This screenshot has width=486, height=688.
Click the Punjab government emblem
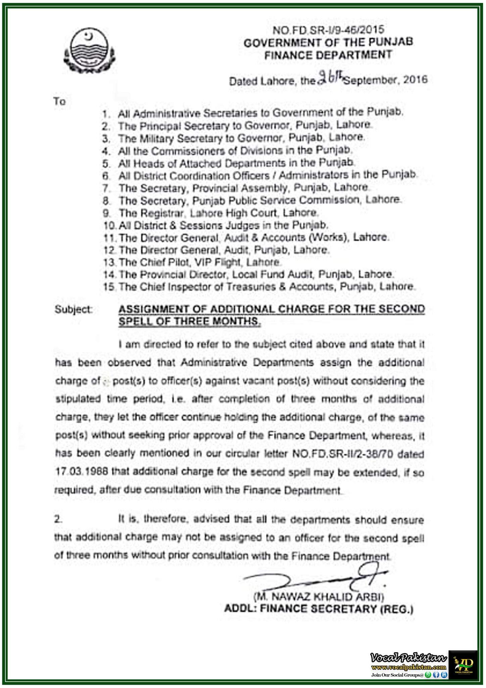(x=89, y=51)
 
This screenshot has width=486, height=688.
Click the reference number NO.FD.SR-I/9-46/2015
(x=328, y=30)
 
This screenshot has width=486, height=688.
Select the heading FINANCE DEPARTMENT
(x=328, y=55)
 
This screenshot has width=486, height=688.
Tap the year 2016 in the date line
(x=415, y=80)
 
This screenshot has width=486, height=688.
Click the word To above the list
(x=59, y=101)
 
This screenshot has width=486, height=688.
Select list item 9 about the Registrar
(x=211, y=213)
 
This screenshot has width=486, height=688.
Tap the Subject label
(x=73, y=309)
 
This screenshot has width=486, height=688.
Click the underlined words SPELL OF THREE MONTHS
(x=189, y=321)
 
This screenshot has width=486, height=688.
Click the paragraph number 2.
(x=58, y=519)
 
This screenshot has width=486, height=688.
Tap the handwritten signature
(x=315, y=579)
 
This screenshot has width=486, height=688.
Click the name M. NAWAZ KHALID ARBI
(x=319, y=597)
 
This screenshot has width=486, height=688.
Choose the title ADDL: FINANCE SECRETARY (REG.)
(x=319, y=609)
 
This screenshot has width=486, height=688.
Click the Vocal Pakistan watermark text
(x=408, y=658)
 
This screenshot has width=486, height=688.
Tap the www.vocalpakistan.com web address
(x=408, y=667)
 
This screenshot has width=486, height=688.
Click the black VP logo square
(x=463, y=665)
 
